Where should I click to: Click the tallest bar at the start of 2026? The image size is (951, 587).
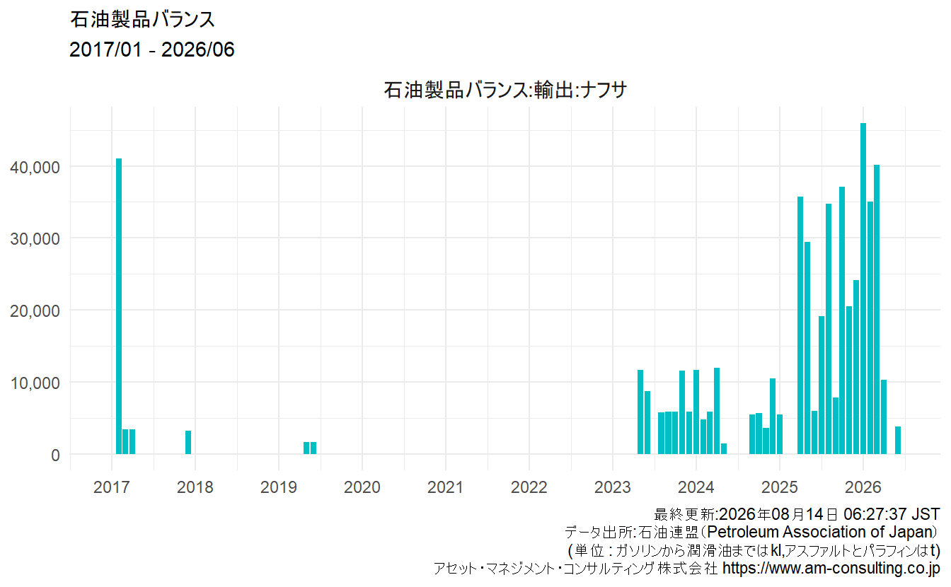coord(863,289)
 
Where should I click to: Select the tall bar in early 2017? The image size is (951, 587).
coord(119,306)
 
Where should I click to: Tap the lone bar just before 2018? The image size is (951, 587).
coord(188,442)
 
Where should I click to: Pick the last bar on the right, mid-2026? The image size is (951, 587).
coord(898,440)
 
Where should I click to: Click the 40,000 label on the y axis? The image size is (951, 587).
coord(35,167)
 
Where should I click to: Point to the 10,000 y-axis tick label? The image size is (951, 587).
coord(35,383)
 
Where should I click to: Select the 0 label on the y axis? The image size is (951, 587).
coord(56,455)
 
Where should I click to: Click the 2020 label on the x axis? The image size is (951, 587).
coord(362,487)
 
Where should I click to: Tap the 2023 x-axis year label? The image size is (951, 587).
coord(613,487)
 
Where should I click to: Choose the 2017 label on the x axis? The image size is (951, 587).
coord(112,487)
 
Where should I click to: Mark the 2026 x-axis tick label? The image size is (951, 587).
coord(863,487)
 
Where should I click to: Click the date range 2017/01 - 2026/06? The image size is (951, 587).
coord(152,50)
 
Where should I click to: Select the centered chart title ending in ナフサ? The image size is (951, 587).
coord(505,90)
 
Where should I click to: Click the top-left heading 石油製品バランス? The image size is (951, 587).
coord(142,20)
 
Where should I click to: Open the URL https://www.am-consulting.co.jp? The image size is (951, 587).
coord(831,568)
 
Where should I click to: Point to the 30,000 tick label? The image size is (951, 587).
coord(35,238)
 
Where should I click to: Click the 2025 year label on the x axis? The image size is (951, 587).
coord(780,487)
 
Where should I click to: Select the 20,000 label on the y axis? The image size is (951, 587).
coord(35,310)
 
